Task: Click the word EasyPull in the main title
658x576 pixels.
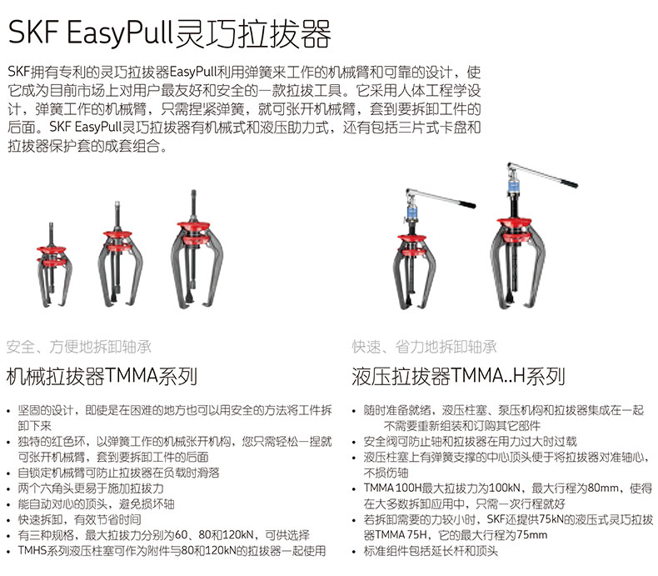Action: point(120,33)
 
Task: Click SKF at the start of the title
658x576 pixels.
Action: point(32,32)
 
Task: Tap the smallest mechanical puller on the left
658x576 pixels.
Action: point(53,265)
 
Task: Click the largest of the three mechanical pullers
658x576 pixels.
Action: point(197,250)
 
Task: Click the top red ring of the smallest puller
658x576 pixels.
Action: point(51,249)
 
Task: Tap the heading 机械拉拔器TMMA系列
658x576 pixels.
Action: point(102,376)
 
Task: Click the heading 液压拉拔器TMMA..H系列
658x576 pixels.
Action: point(458,376)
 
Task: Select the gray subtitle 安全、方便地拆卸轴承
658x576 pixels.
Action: point(79,347)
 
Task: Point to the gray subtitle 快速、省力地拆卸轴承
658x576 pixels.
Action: point(424,347)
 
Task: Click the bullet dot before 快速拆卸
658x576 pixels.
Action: point(9,521)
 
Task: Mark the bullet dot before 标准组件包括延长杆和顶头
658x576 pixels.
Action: point(355,552)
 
